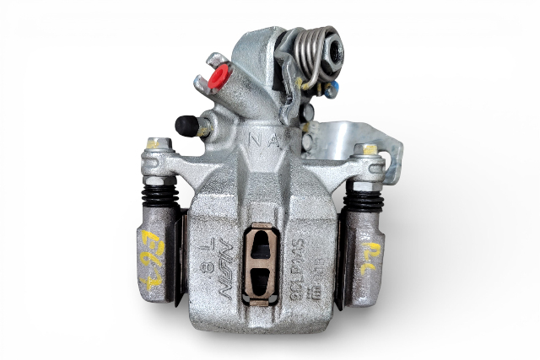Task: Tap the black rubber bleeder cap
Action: [x=186, y=126]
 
